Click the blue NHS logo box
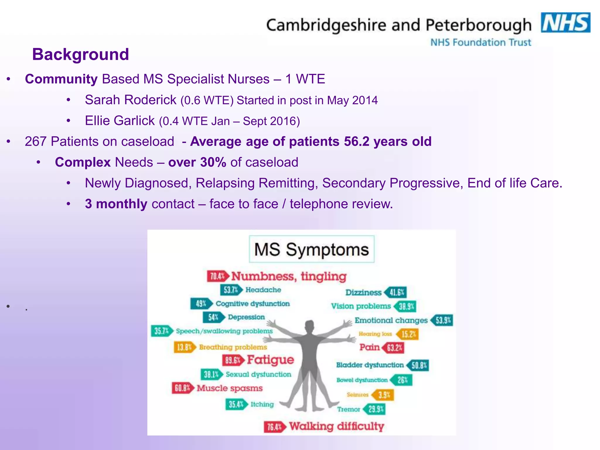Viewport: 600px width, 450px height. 565,23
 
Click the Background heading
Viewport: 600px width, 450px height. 81,54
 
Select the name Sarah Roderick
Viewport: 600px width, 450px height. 131,100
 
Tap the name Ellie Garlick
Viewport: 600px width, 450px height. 120,121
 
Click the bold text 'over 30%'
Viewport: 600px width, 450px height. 197,162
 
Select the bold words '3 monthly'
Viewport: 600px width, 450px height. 116,204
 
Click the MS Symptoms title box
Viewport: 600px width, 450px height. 311,249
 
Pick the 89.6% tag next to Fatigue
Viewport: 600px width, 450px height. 233,360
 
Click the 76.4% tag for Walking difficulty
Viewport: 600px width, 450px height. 274,427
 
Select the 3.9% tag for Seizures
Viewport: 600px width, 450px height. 383,395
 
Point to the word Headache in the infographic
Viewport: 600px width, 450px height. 263,290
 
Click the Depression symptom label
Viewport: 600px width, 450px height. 246,317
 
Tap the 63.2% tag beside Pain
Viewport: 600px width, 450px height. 393,348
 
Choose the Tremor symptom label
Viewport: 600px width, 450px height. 348,409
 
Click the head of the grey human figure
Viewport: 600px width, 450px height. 309,327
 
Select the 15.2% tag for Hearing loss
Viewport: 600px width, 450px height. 408,334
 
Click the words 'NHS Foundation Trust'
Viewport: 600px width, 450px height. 480,42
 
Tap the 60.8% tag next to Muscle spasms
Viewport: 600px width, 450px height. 182,388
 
